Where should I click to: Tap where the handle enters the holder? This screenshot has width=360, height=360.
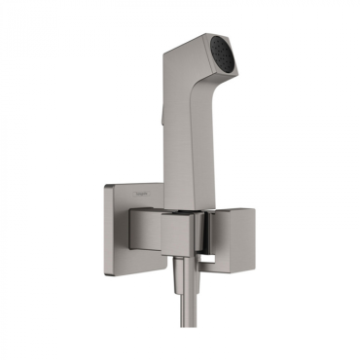[182, 206]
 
